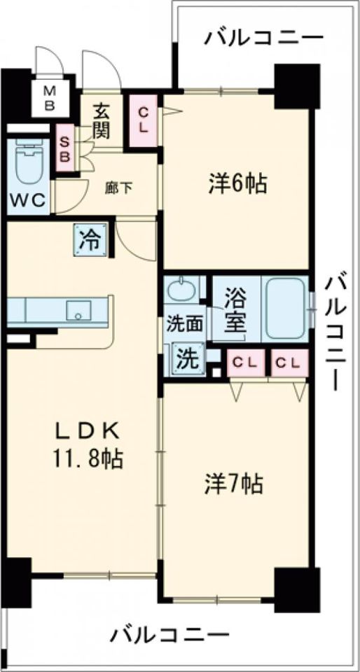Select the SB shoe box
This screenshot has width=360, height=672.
coord(64,148)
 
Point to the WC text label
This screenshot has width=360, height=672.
coord(27,200)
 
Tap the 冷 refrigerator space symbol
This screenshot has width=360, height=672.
coord(92,241)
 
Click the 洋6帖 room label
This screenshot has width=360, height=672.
coord(236,183)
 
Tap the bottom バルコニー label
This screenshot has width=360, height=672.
coord(169,636)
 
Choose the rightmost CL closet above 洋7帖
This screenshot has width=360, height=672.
coord(289,362)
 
